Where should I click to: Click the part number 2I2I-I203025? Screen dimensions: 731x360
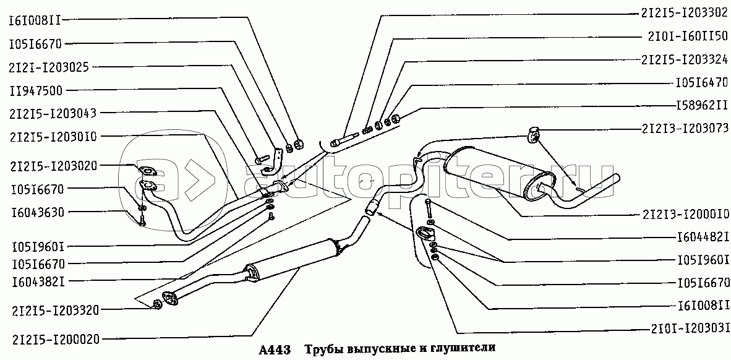[48, 67]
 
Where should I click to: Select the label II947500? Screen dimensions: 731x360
[35, 90]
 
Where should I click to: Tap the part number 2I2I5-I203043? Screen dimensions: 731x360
[52, 113]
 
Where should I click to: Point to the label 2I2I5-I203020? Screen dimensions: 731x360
[52, 166]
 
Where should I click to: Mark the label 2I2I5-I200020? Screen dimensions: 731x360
[54, 340]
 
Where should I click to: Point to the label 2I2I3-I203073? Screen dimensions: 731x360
[682, 129]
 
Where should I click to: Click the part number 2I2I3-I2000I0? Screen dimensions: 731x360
[682, 215]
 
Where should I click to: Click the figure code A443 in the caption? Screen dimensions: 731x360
[274, 349]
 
